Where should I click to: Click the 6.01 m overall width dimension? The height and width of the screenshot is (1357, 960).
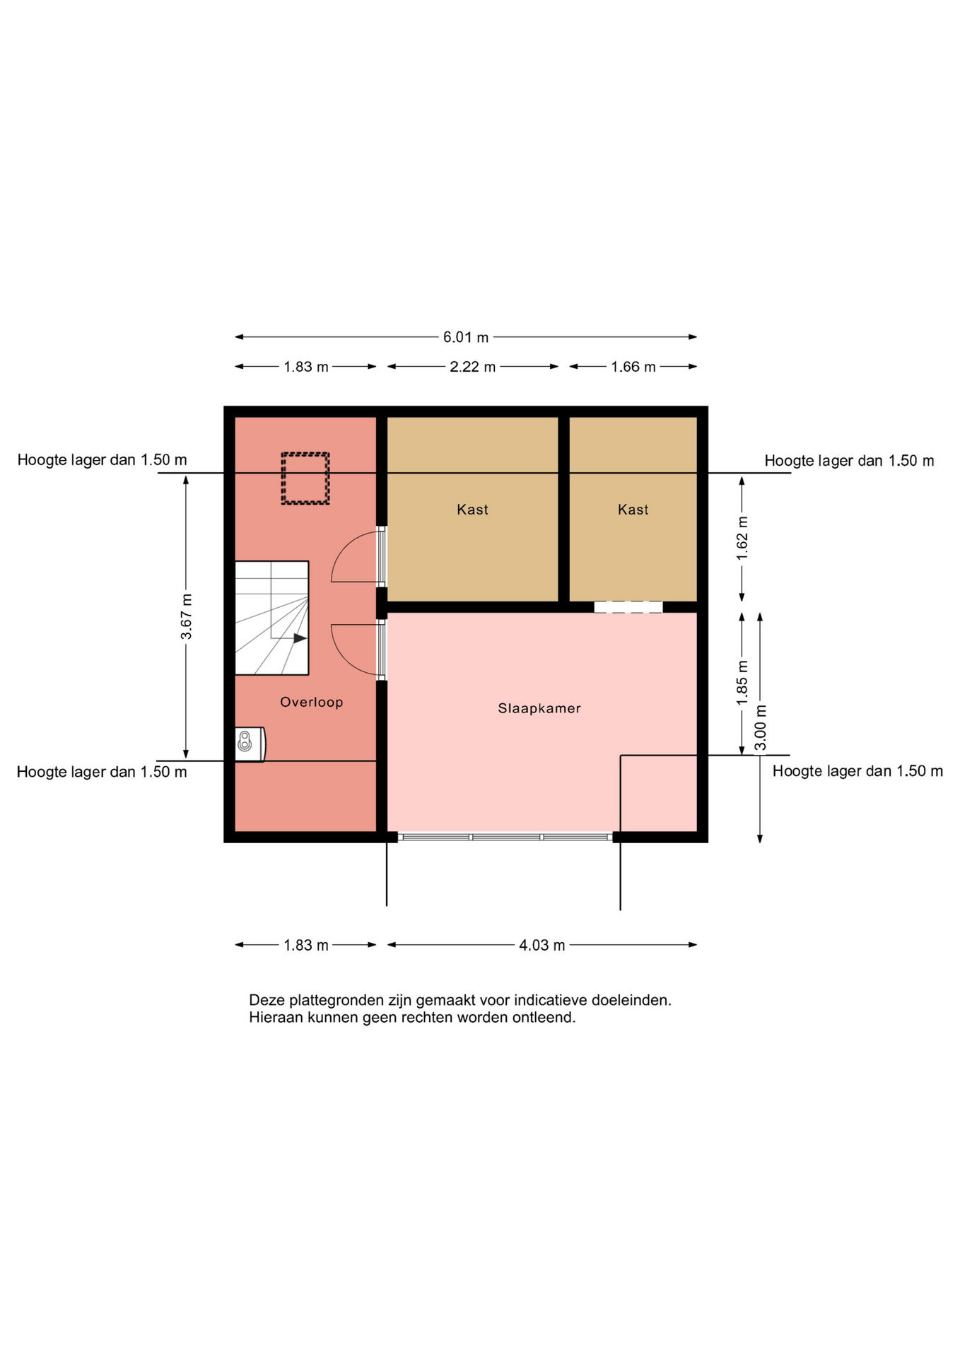point(466,337)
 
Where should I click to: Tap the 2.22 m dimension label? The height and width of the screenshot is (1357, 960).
point(473,367)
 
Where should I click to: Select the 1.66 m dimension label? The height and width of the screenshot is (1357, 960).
point(633,367)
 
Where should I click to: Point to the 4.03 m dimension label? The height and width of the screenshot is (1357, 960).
point(542,945)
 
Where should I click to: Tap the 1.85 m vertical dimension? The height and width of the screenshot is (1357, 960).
point(742,683)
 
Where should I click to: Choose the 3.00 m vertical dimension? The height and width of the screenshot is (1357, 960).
point(760,727)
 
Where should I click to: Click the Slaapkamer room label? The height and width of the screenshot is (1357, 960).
point(539,708)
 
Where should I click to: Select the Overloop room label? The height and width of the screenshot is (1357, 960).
point(312,702)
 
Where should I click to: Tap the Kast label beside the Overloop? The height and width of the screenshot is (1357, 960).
point(472,510)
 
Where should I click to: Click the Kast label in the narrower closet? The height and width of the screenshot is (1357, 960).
point(633,510)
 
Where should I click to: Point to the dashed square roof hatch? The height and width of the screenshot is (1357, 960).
point(305,478)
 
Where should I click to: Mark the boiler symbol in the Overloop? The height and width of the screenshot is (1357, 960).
point(250,744)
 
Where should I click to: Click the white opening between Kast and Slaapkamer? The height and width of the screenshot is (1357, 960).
point(628,607)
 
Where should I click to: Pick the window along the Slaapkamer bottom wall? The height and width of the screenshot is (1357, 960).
point(505,838)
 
